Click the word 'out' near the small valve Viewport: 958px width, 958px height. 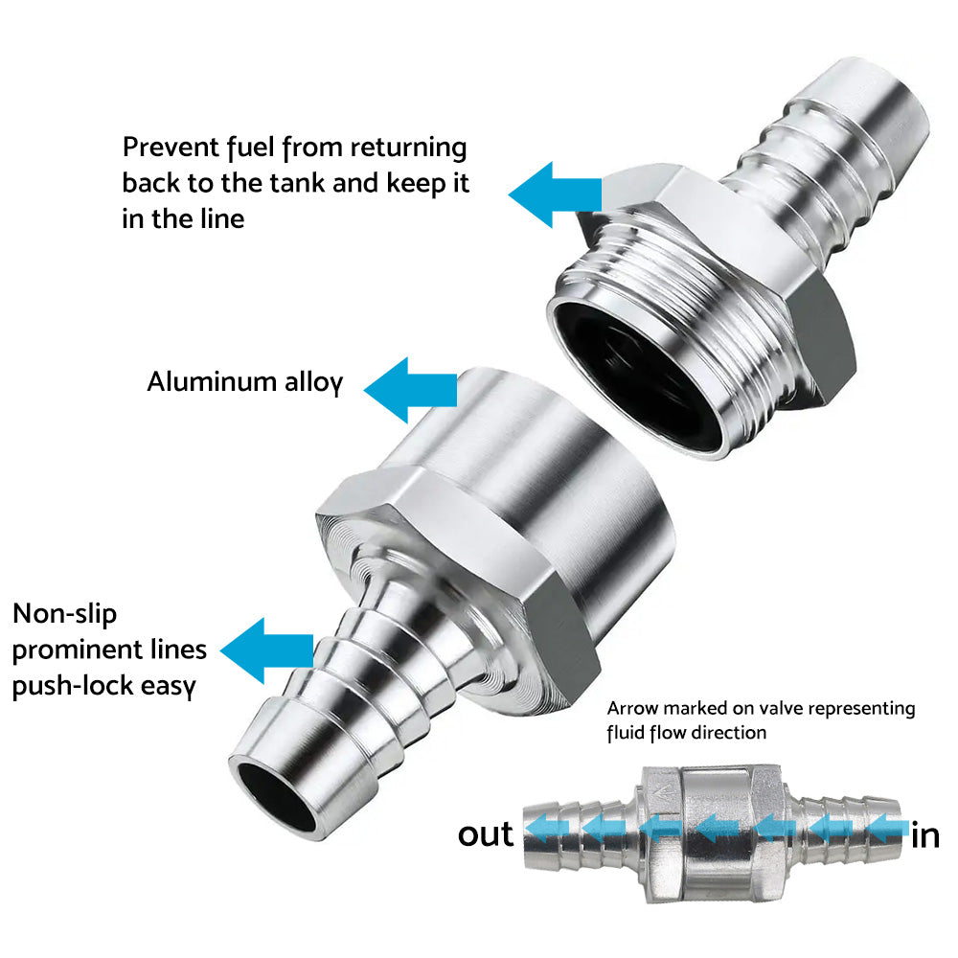point(485,833)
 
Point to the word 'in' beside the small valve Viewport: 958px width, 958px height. point(925,836)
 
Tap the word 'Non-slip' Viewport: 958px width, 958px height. point(65,613)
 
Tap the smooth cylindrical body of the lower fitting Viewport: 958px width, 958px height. point(536,450)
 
